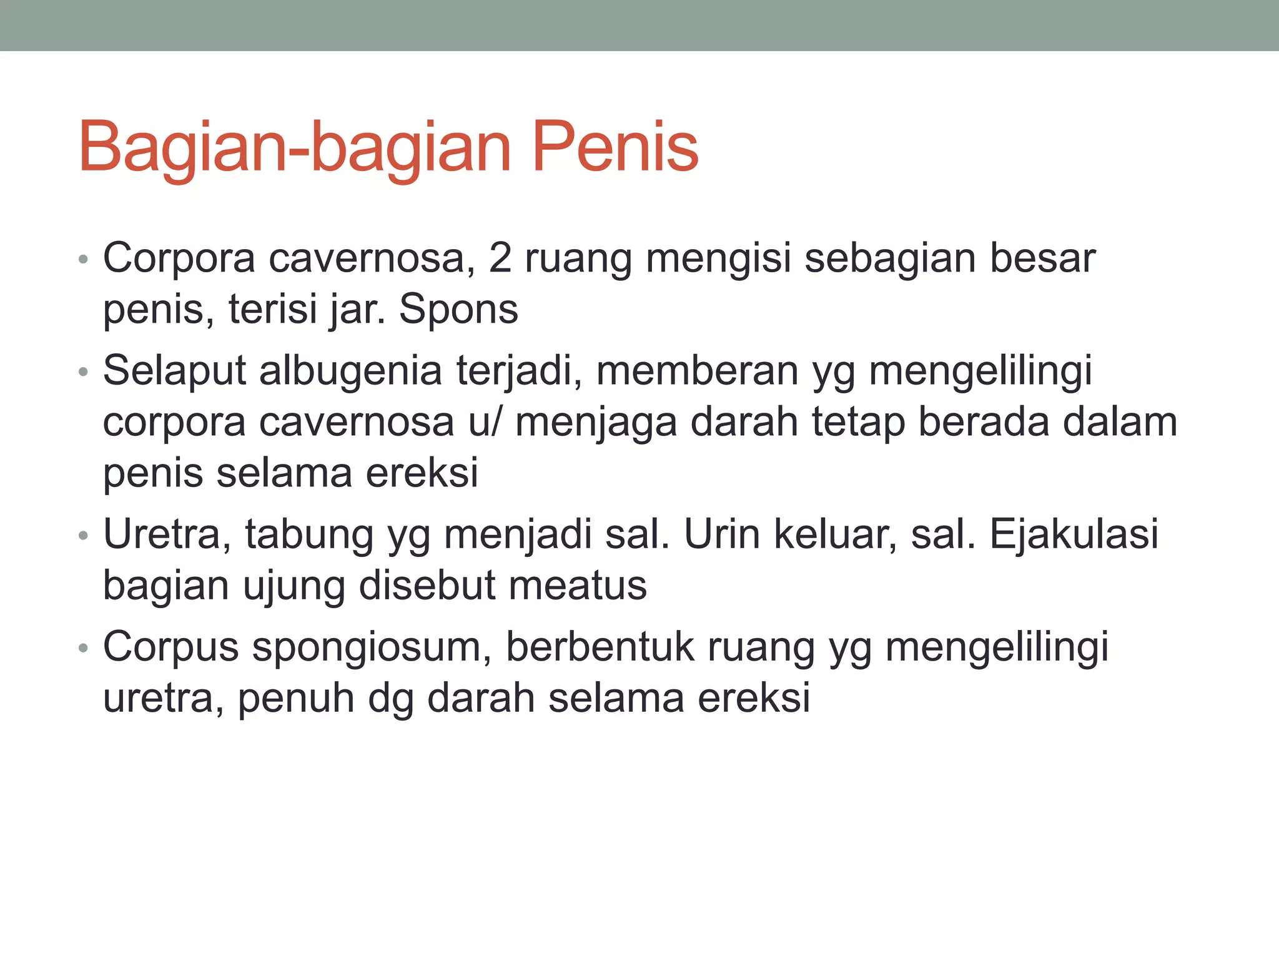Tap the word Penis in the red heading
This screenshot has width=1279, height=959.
point(615,149)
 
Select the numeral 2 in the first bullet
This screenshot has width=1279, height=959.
point(500,258)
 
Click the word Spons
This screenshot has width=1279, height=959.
point(458,310)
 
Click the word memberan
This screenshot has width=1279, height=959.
point(698,371)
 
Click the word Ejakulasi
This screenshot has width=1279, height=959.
point(1074,536)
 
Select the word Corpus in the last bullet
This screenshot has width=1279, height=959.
point(170,648)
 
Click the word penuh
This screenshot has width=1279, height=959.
point(296,698)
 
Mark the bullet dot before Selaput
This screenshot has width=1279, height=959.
point(84,373)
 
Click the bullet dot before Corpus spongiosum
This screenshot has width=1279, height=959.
point(84,649)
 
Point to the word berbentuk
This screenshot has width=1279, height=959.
point(600,647)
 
